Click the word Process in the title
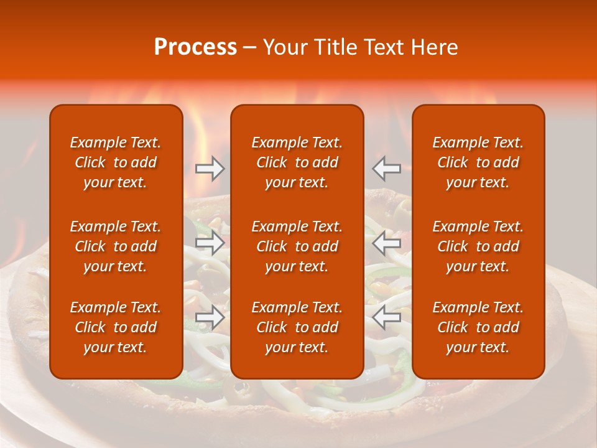tap(195, 47)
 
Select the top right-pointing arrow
tap(210, 169)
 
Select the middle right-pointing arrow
tap(210, 243)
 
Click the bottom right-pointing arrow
tap(210, 317)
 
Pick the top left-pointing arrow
tap(387, 169)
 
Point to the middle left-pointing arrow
tap(387, 243)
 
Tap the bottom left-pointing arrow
tap(387, 317)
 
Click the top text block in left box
tap(116, 162)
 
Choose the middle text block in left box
tap(116, 246)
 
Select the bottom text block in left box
tap(116, 327)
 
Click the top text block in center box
tap(297, 162)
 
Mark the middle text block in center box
tap(297, 246)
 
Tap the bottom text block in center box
tap(297, 327)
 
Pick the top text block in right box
tap(478, 162)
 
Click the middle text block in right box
tap(478, 246)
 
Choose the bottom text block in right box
tap(478, 327)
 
